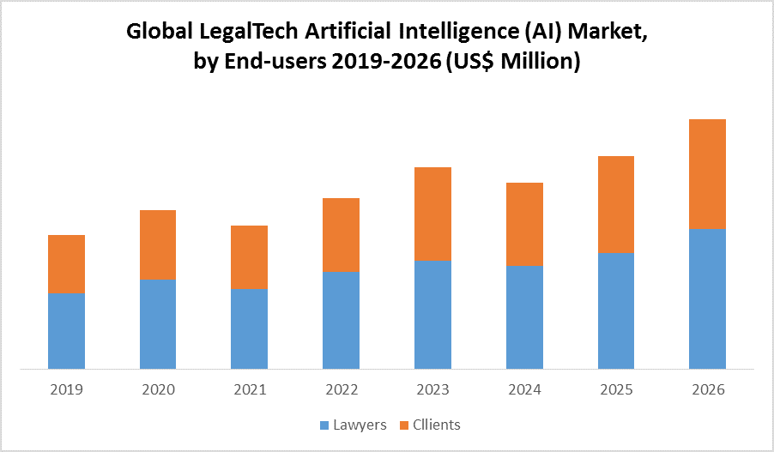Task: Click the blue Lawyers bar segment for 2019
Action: [x=66, y=331]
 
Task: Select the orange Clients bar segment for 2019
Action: [x=66, y=263]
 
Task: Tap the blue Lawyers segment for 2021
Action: [x=249, y=329]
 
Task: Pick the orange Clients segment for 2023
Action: [x=432, y=214]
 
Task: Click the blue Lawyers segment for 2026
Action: [x=707, y=299]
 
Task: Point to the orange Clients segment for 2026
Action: [x=707, y=174]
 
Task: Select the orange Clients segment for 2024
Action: [x=524, y=224]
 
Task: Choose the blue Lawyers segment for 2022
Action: [x=341, y=321]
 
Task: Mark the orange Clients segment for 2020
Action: [x=158, y=244]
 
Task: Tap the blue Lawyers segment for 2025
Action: [x=615, y=311]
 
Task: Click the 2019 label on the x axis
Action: [x=66, y=389]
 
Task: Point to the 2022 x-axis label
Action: [x=341, y=389]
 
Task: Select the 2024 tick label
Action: [x=524, y=389]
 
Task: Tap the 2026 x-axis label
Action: [x=707, y=389]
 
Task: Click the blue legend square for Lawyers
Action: [x=324, y=425]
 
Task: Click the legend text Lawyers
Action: [x=359, y=425]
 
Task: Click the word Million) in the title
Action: [x=541, y=62]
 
